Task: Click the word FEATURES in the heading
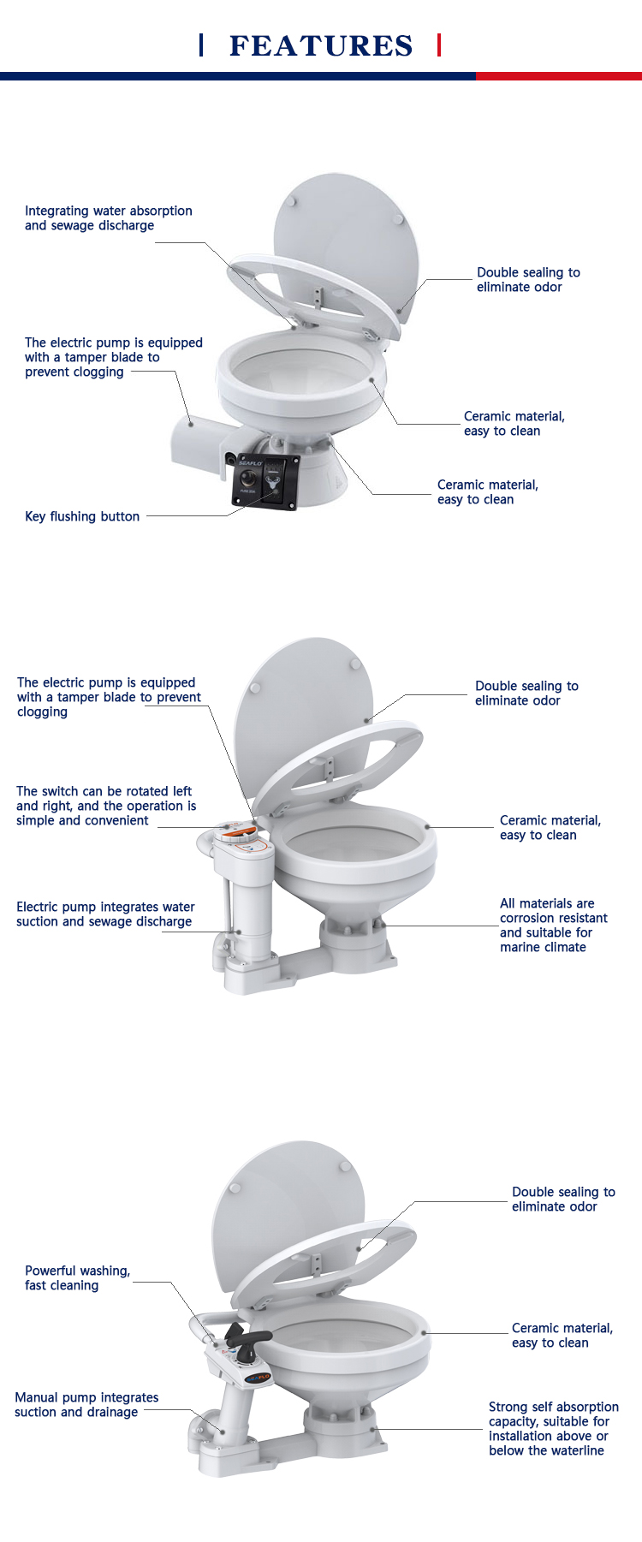click(x=321, y=45)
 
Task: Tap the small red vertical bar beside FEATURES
click(x=439, y=45)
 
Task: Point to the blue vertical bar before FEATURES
click(x=201, y=45)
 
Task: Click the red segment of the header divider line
click(x=559, y=76)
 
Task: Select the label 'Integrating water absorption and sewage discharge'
click(x=109, y=218)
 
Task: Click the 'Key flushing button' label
click(x=82, y=516)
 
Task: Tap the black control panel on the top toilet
click(x=265, y=480)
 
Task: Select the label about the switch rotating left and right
click(x=106, y=806)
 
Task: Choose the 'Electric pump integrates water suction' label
click(x=105, y=914)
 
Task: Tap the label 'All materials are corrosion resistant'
click(x=554, y=926)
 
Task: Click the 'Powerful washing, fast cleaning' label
click(x=78, y=1278)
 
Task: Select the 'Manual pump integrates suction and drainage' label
click(x=86, y=1405)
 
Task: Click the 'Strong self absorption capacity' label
click(x=554, y=1429)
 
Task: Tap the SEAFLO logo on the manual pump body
click(x=258, y=1378)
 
